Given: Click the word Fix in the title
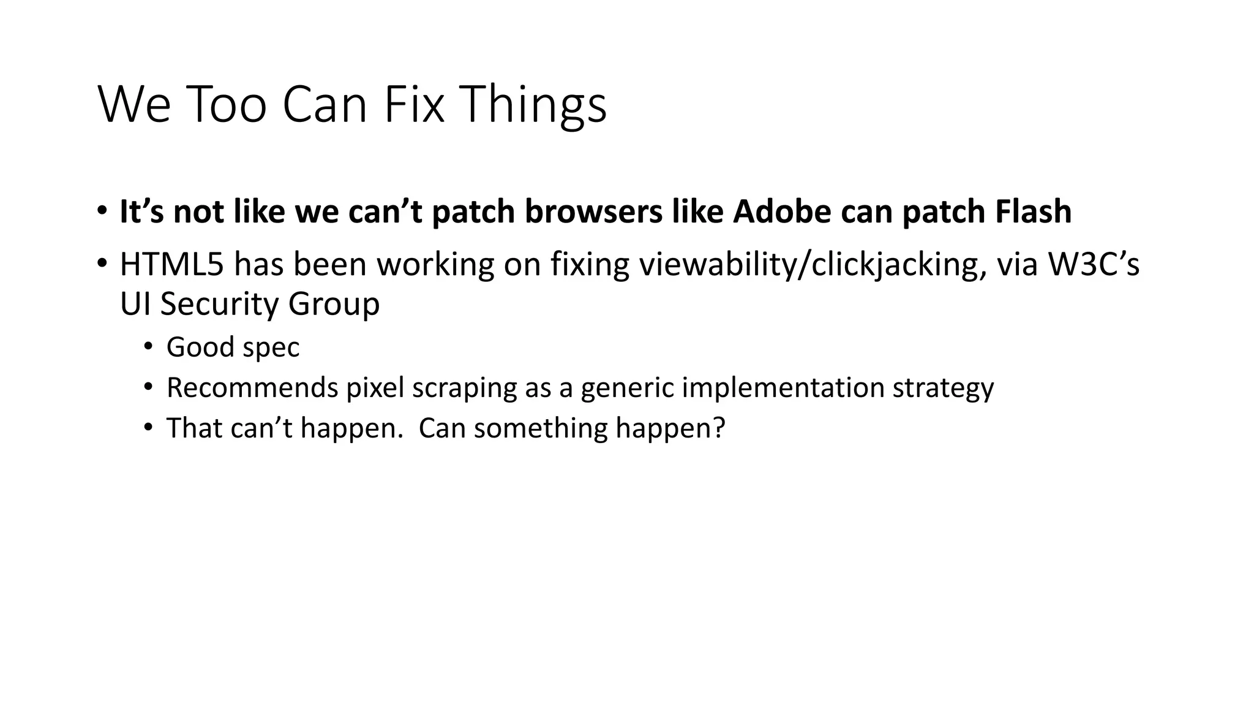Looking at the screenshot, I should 413,104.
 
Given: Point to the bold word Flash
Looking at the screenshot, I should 1033,211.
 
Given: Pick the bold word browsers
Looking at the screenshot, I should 593,211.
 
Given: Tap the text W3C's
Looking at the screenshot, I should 1094,265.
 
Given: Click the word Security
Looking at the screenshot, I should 218,305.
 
